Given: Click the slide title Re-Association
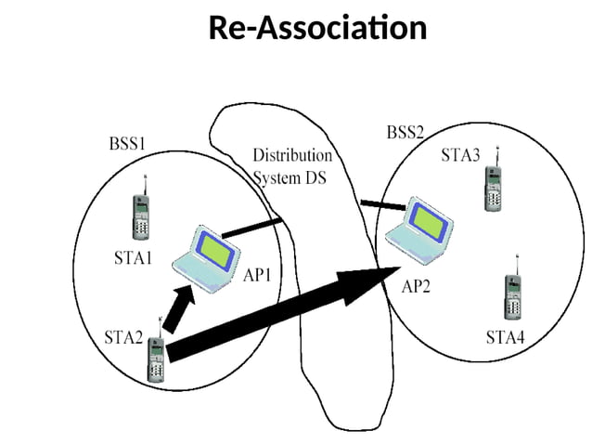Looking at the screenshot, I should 317,28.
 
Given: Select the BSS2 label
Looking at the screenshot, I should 405,133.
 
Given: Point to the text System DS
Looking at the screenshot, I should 290,178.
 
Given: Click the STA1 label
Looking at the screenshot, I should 133,259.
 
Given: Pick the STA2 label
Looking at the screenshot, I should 123,336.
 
